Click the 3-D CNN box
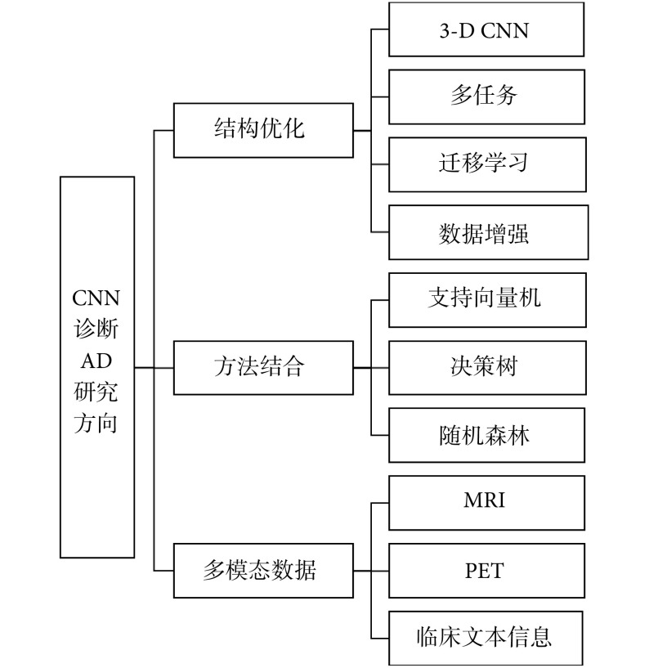coord(486,29)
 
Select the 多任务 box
coord(486,96)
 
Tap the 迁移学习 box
coord(486,164)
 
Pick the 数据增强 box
coord(487,232)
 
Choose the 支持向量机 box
coord(486,299)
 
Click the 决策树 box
coord(486,367)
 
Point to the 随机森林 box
coord(486,435)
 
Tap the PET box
coord(486,570)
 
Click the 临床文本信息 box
coord(486,637)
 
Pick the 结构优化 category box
coord(263,130)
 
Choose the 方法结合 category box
coord(263,367)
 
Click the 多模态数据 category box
coord(263,570)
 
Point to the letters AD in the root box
coord(96,361)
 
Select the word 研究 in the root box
coord(96,392)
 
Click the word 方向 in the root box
coord(96,424)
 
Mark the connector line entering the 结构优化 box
coord(164,130)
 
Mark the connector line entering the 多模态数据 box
coord(164,570)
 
